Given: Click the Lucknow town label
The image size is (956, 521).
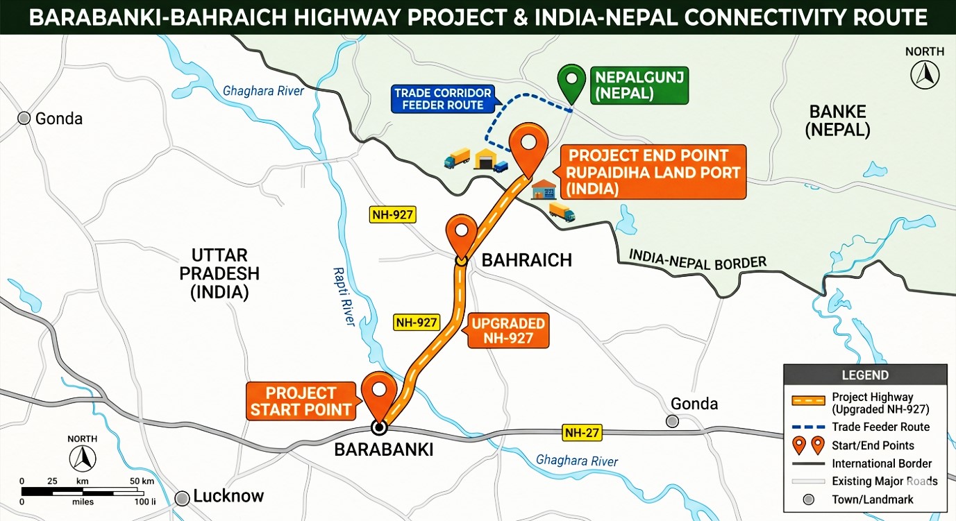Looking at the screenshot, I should [x=228, y=496].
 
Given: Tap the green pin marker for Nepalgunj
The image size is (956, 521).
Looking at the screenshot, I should [x=572, y=81].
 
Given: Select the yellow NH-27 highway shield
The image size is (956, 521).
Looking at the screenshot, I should [x=582, y=433].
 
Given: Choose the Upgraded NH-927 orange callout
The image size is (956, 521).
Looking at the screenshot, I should [x=508, y=331].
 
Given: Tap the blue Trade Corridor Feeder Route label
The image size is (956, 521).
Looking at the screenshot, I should [x=443, y=99].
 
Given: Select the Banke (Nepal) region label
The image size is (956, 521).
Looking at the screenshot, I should [x=837, y=121].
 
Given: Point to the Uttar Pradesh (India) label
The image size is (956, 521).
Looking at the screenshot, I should [x=219, y=274].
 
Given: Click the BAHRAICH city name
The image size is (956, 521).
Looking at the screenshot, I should [x=527, y=260].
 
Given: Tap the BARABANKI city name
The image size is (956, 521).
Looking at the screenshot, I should [x=384, y=450].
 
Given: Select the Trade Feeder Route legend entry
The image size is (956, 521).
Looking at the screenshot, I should [x=880, y=427].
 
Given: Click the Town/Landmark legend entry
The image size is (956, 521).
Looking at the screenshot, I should [x=873, y=499].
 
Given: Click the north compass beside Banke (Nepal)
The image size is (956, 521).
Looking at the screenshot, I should [x=925, y=73].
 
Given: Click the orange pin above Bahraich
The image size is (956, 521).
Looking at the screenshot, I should [x=460, y=234].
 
